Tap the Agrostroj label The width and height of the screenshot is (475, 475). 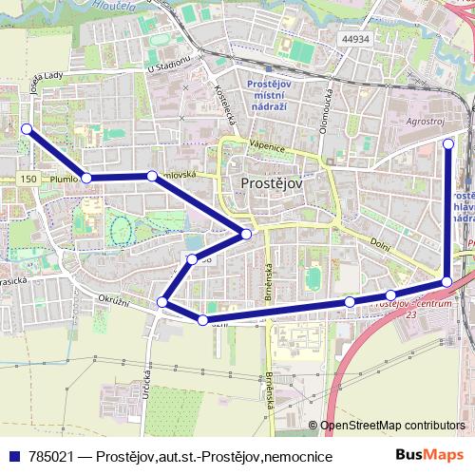(424, 123)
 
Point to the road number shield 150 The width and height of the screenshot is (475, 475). (28, 179)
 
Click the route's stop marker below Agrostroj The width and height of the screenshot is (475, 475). (449, 143)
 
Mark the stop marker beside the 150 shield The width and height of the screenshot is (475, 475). (86, 178)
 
